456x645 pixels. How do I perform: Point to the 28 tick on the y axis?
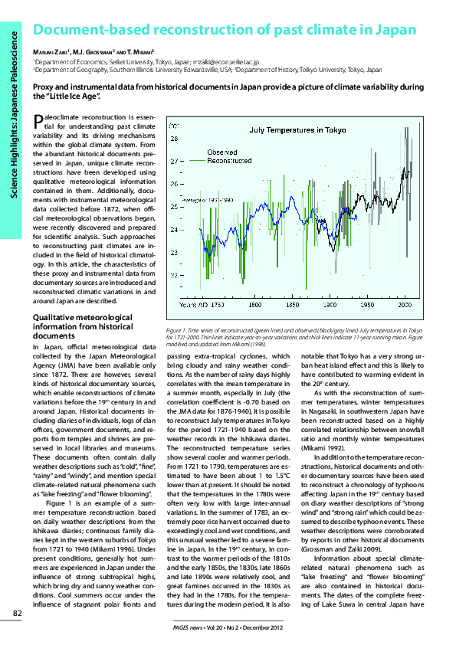point(174,139)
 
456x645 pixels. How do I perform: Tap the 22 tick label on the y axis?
point(174,274)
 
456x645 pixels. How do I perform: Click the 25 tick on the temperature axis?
point(174,207)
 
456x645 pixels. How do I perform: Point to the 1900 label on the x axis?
point(332,305)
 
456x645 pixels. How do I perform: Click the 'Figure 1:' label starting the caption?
point(176,329)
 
